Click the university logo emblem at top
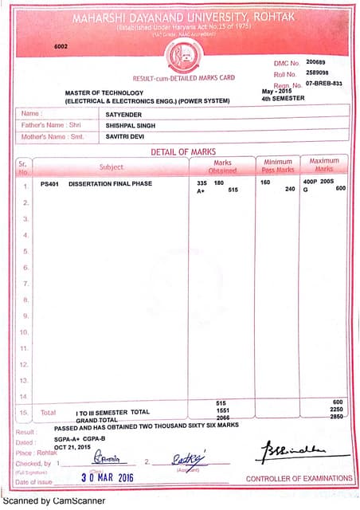(x=185, y=55)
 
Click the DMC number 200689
(x=316, y=61)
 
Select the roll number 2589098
(x=317, y=73)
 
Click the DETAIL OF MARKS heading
(x=183, y=151)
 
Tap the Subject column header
(x=111, y=167)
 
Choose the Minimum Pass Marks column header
(x=278, y=166)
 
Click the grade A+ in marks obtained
(x=202, y=191)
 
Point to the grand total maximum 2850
(x=338, y=417)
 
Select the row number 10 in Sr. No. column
(x=23, y=332)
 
